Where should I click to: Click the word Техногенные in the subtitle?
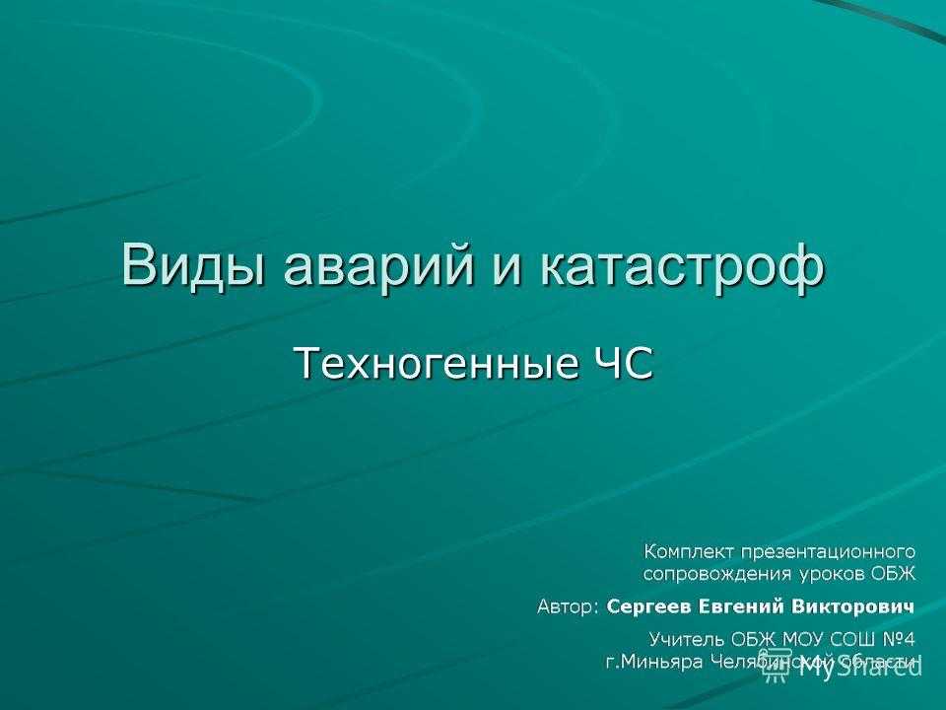435,364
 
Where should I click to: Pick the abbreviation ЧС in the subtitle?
621,364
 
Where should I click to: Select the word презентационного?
828,552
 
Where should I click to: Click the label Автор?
569,606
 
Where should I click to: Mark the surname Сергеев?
649,606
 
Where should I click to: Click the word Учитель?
687,639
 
